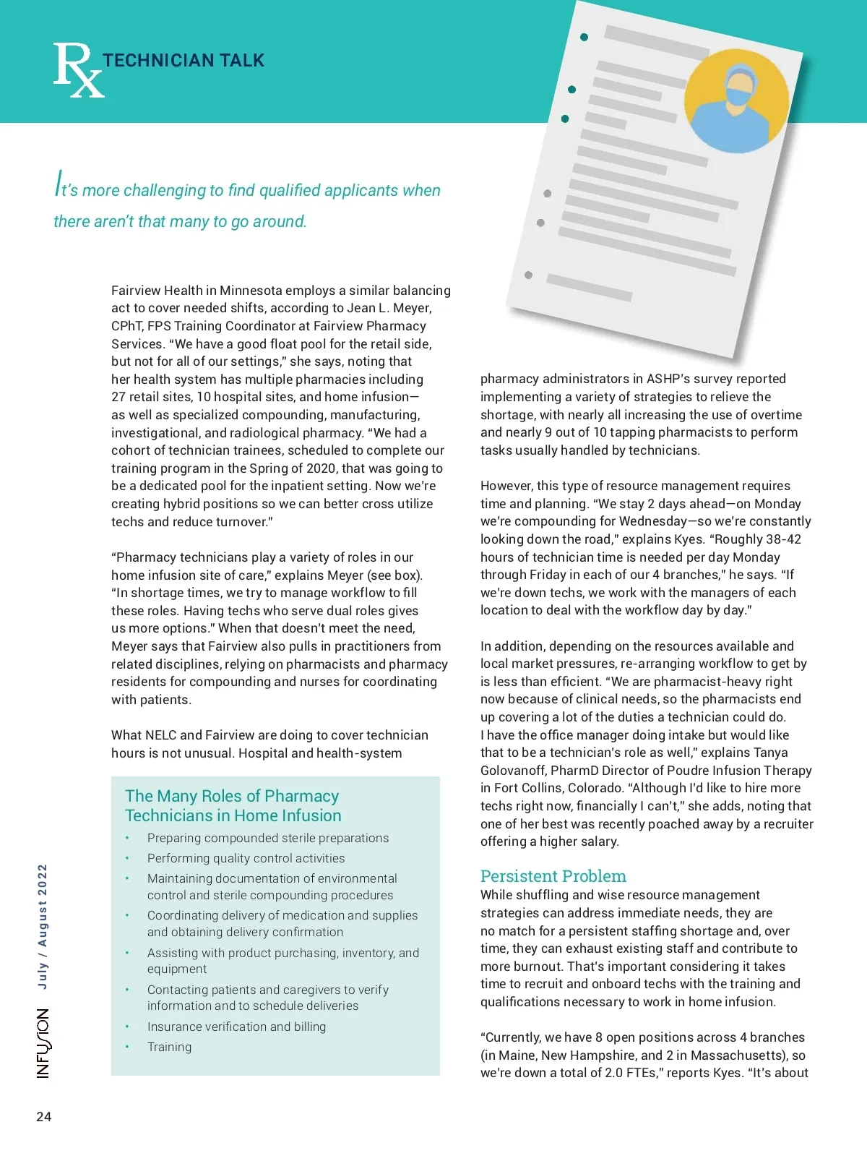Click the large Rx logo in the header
coord(78,70)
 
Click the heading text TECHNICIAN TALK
coord(184,61)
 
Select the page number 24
coord(44,1117)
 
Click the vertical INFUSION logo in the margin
coord(44,1043)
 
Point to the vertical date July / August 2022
coord(43,926)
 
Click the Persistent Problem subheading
coord(553,876)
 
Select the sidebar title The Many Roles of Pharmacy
coord(232,796)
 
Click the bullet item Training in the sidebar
coord(170,1047)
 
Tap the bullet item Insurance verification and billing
coord(236,1027)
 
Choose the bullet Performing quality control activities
coord(246,858)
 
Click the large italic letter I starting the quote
coord(58,184)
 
